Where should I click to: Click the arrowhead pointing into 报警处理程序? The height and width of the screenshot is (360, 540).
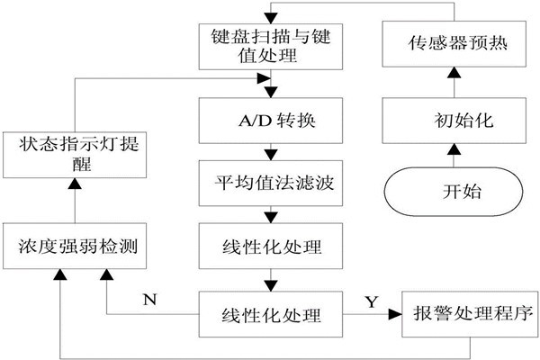(394, 316)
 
